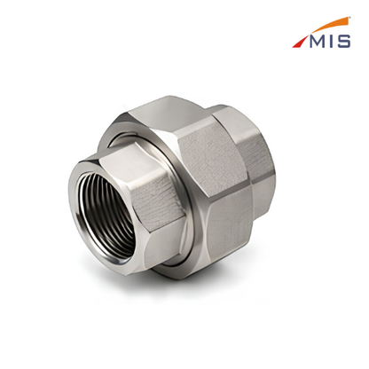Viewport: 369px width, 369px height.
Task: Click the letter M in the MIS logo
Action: point(318,42)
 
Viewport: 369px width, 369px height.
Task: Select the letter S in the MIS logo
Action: point(344,42)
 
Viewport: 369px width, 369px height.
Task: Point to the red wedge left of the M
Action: point(301,42)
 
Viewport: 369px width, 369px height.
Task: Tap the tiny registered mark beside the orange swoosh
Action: point(350,18)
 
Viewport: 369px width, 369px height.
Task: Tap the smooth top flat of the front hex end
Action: point(130,166)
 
